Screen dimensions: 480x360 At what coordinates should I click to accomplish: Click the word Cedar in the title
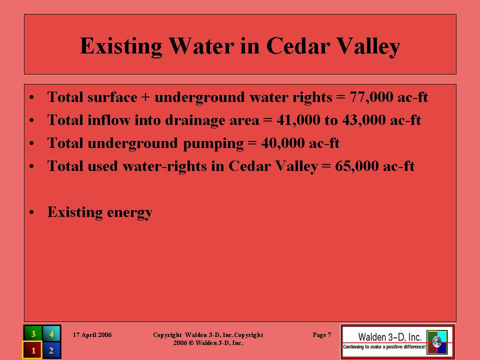click(298, 46)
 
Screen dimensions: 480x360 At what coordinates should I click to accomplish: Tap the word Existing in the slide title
click(121, 46)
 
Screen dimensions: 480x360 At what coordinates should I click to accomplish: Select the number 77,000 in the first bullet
click(371, 97)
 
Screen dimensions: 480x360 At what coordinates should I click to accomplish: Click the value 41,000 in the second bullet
click(298, 120)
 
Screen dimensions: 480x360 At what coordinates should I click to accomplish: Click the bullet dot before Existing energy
click(31, 212)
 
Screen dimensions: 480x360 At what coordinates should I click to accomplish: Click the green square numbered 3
click(33, 333)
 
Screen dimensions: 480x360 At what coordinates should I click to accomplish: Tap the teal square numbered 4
click(51, 333)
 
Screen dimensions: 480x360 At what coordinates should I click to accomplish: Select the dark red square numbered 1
click(32, 350)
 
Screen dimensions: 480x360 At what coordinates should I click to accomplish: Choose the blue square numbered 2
click(51, 350)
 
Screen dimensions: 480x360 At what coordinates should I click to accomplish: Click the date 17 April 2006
click(92, 335)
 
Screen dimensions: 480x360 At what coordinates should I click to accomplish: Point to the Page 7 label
click(321, 335)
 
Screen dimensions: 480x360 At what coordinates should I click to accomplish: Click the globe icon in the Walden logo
click(437, 341)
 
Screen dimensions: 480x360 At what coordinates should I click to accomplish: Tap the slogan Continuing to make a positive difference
click(384, 347)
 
